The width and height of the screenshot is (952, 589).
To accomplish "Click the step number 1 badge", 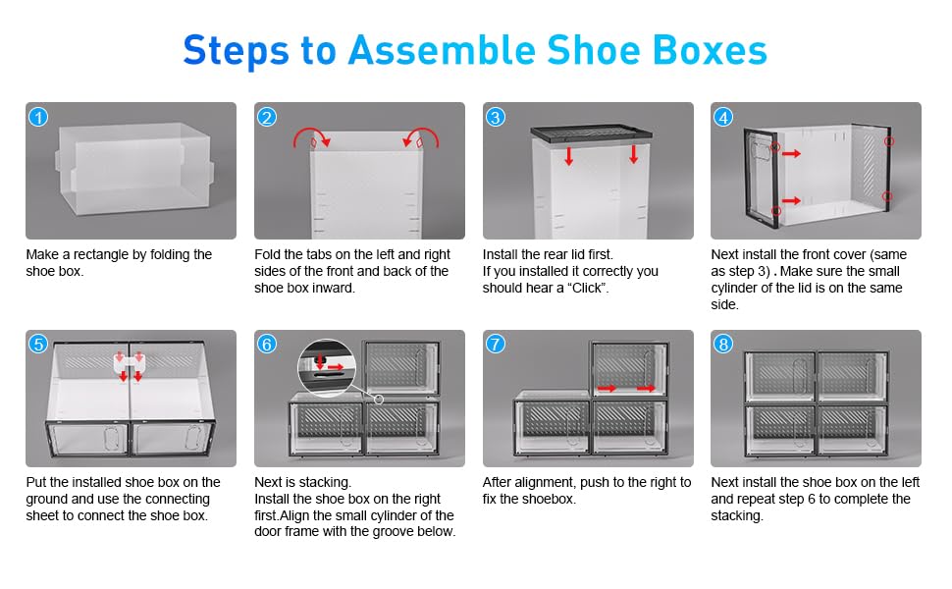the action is (x=38, y=117).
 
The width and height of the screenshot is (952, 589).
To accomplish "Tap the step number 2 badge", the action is (x=267, y=117).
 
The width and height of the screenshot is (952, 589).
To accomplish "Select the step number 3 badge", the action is (x=496, y=117).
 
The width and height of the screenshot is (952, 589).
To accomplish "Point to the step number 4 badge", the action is (x=723, y=117).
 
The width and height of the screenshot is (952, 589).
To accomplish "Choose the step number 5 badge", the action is (x=38, y=345).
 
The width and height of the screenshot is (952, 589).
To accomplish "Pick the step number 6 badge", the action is (x=267, y=345).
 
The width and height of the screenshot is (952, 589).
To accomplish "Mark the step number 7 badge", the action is (x=496, y=345).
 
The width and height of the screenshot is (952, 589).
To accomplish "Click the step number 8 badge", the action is (x=723, y=345).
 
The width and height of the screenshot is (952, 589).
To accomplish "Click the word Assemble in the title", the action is (x=442, y=50).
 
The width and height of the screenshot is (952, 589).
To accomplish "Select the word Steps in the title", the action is (x=236, y=51).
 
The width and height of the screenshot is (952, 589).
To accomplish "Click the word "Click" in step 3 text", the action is (x=587, y=288).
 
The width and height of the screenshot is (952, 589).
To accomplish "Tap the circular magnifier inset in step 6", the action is (x=326, y=368).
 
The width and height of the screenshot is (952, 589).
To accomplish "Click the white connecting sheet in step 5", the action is (x=130, y=364).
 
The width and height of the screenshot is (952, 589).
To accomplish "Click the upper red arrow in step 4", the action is (x=791, y=153).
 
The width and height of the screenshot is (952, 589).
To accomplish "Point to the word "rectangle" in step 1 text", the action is (x=101, y=255).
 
